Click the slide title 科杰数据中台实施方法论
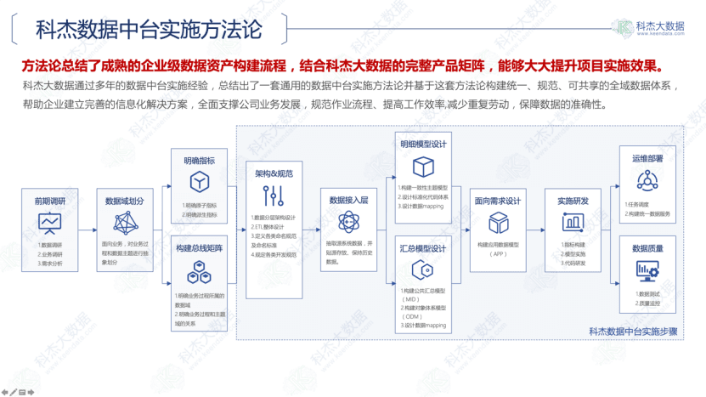[150, 29]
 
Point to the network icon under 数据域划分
[125, 223]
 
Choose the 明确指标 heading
[199, 161]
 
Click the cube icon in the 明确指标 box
[199, 183]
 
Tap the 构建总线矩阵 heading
[199, 247]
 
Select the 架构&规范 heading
[274, 173]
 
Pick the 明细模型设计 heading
[423, 145]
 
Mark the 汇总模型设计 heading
[423, 248]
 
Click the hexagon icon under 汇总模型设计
[423, 271]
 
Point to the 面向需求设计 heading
[497, 201]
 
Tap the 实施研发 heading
[573, 201]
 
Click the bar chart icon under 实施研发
[573, 223]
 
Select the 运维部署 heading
[647, 158]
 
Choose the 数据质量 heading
[647, 248]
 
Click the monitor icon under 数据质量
[647, 270]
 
